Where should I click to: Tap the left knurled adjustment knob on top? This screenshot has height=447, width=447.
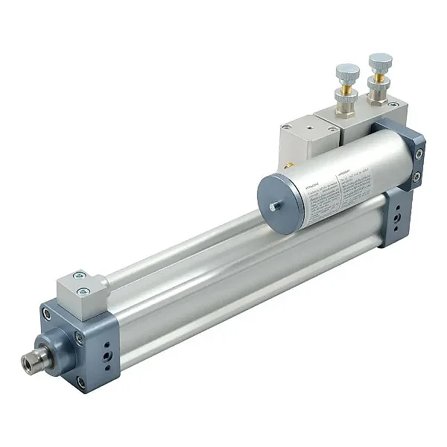point(347,73)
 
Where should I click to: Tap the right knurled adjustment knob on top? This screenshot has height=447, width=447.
point(380,62)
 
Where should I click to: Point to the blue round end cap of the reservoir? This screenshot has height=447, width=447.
point(280,200)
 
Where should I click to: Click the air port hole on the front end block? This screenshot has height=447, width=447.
point(110,358)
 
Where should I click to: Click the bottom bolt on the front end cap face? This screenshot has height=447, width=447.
point(80,382)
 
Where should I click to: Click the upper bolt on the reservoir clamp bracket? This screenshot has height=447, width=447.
point(419,154)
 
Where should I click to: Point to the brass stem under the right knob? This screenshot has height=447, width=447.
point(379,77)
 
